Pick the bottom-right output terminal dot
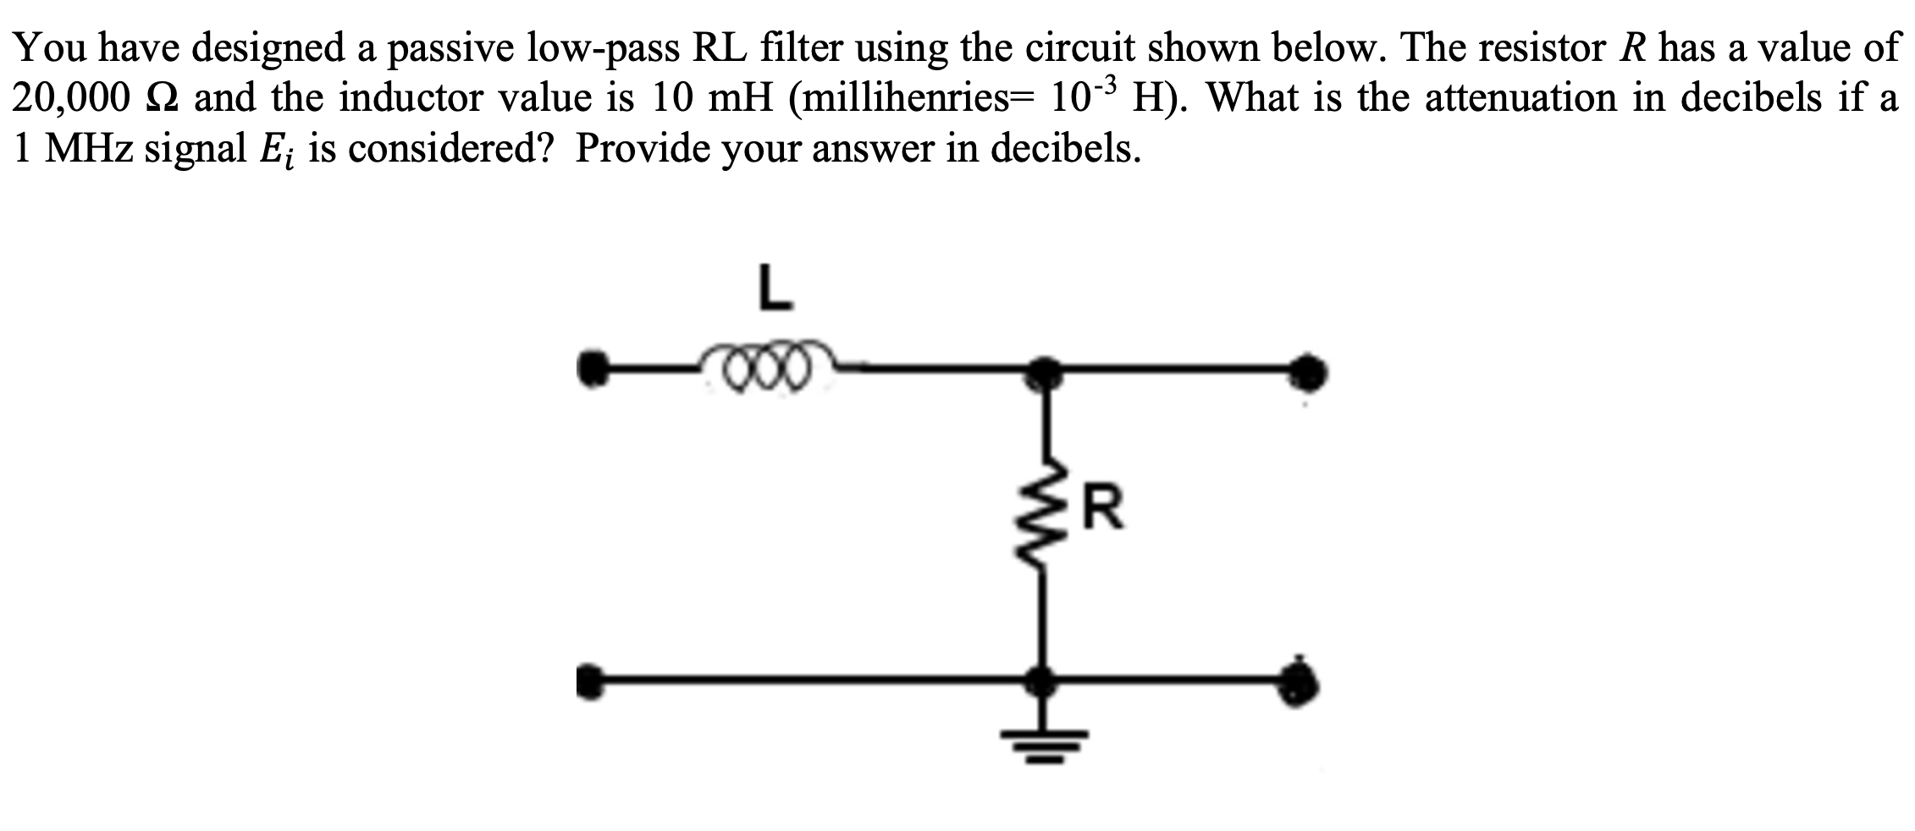[x=1304, y=680]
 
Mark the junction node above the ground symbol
[x=1045, y=680]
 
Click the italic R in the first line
[x=1633, y=48]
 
